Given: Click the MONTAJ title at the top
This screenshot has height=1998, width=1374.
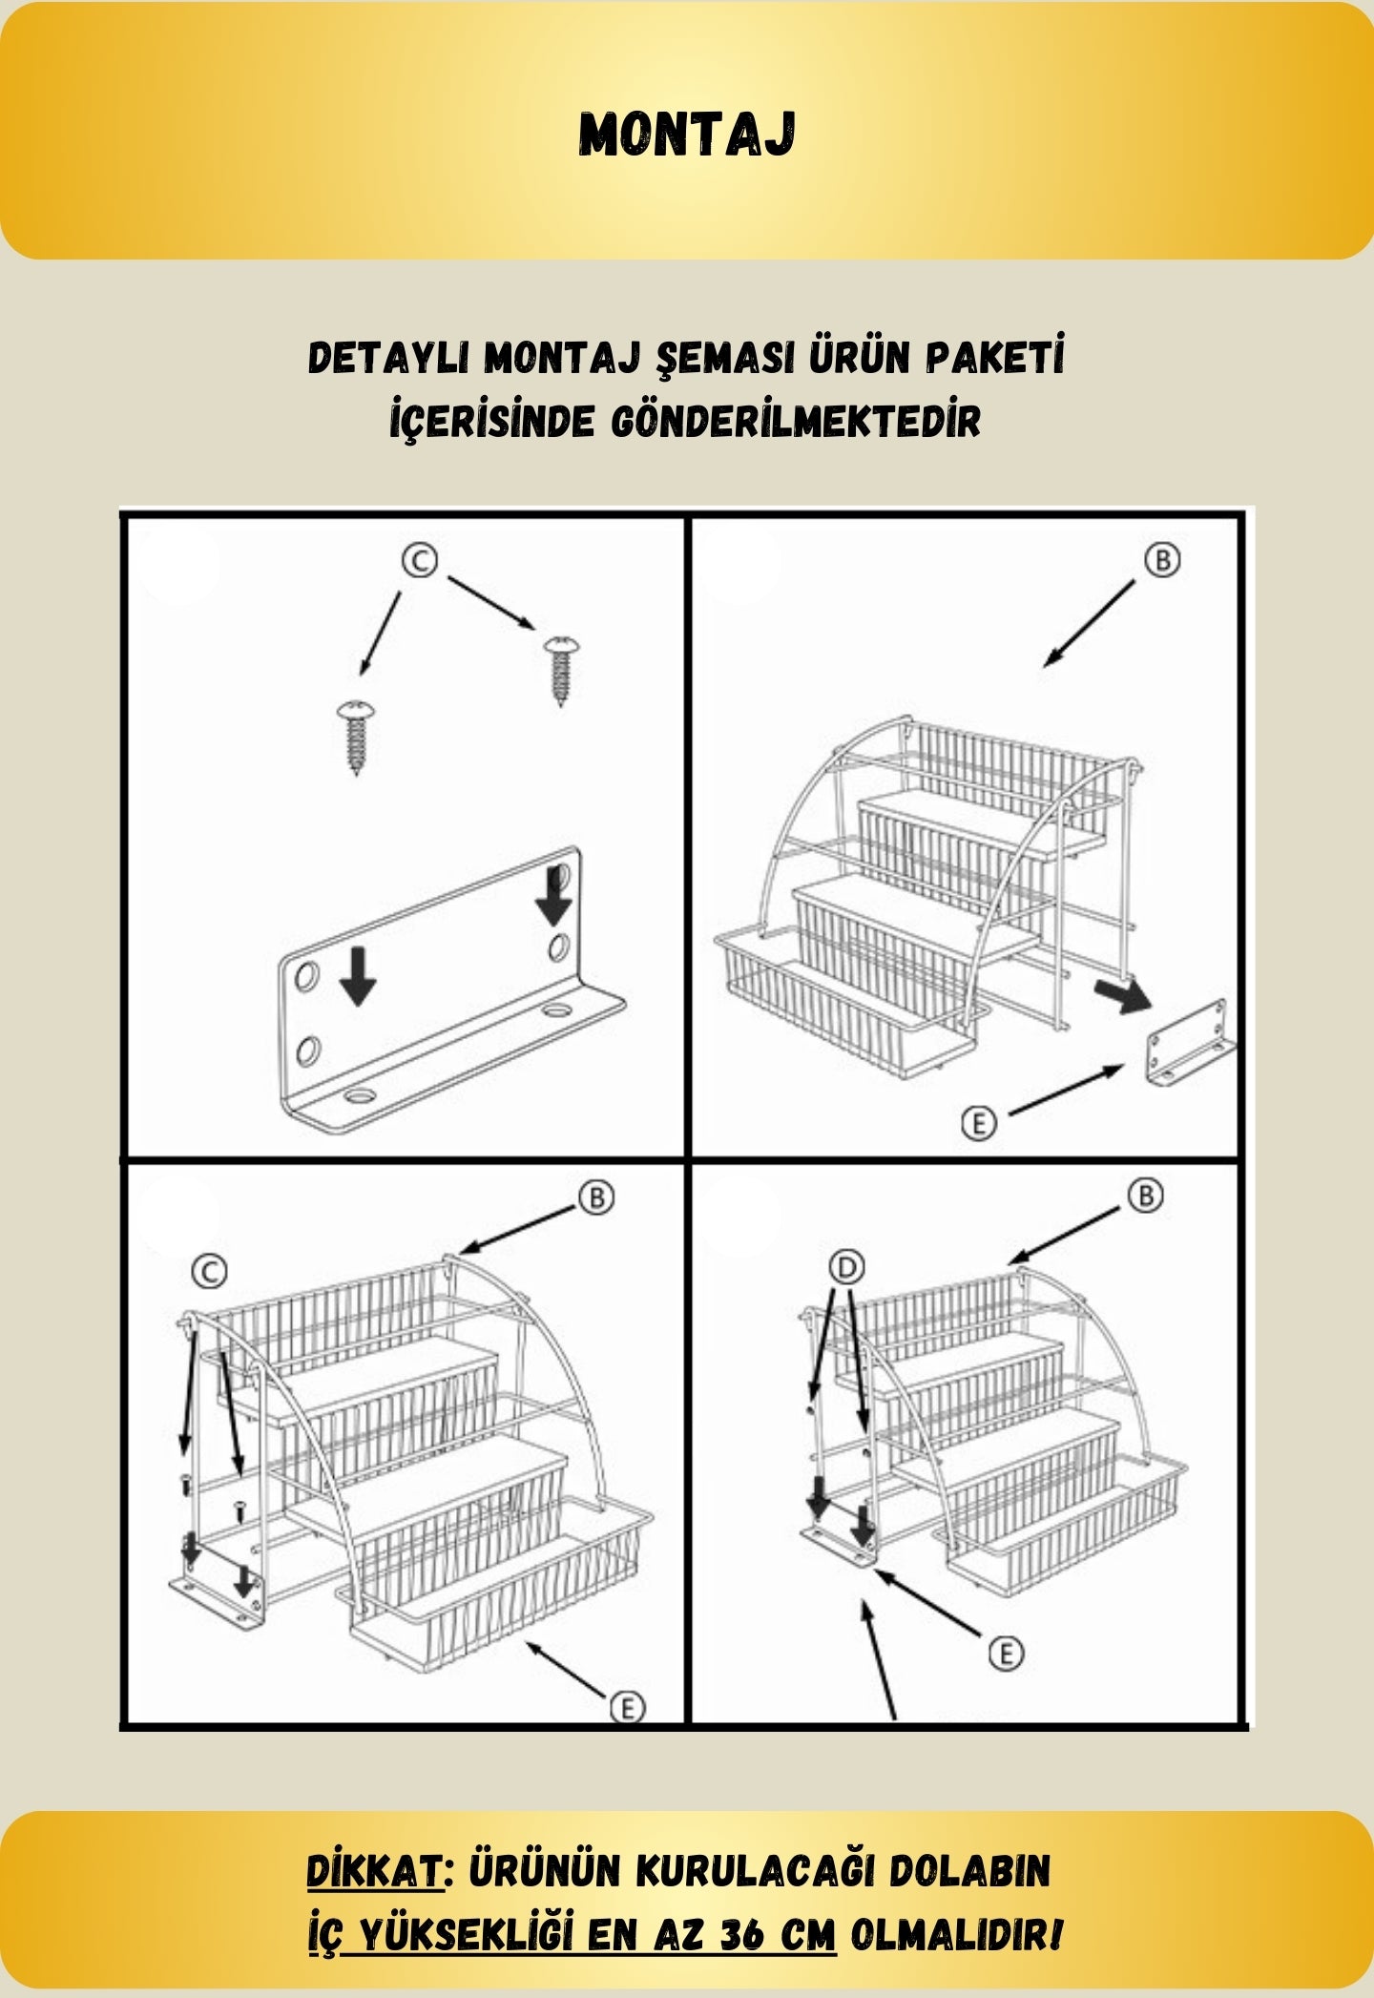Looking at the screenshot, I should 687,135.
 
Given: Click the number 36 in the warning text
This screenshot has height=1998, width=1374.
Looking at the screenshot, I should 747,1936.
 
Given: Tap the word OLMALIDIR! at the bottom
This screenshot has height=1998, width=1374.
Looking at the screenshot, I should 955,1936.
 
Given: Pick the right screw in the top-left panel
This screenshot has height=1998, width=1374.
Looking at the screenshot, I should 561,668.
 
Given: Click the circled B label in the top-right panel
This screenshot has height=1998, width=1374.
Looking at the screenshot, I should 1162,560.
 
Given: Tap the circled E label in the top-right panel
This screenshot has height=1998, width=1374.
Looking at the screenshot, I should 978,1122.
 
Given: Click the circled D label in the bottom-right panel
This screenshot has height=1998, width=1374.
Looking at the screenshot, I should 845,1267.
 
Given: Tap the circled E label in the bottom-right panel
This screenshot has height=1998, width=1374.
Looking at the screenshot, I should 1005,1653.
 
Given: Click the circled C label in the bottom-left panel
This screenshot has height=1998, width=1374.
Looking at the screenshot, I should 209,1271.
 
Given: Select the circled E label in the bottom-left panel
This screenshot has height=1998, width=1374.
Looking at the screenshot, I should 627,1707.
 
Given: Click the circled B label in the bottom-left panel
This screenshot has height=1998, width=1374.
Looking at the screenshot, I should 597,1197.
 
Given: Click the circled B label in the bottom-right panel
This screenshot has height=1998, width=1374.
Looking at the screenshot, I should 1146,1196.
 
